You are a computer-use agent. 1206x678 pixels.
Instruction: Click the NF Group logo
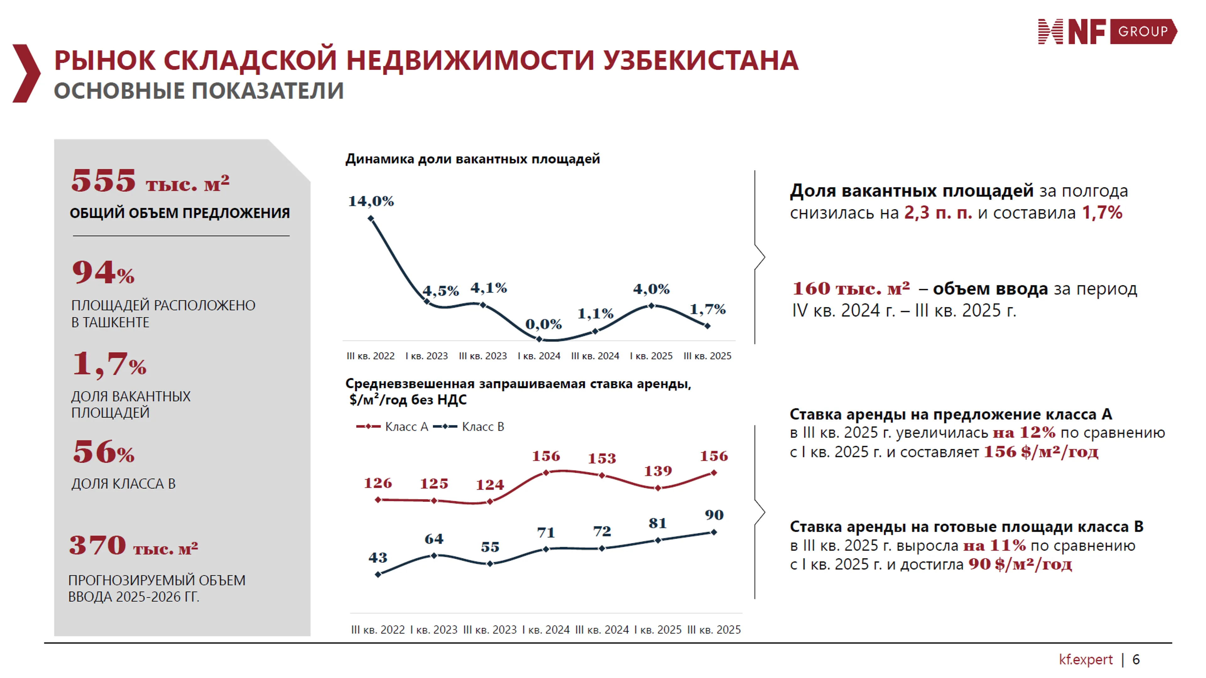pos(1107,32)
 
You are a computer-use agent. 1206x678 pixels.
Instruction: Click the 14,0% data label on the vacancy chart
pos(371,201)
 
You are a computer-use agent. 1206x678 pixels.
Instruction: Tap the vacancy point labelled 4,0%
pos(651,305)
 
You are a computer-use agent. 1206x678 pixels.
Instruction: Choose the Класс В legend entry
pos(469,427)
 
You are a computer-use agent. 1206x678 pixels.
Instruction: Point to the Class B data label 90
pos(714,515)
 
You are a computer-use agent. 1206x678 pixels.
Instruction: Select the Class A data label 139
pos(658,471)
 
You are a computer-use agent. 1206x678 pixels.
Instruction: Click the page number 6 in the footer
pos(1136,660)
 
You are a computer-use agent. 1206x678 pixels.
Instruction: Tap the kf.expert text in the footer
pos(1085,660)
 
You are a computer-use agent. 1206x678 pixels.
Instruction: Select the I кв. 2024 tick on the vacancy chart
pos(539,356)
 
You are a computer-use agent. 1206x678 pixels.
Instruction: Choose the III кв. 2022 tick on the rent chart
pos(378,630)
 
